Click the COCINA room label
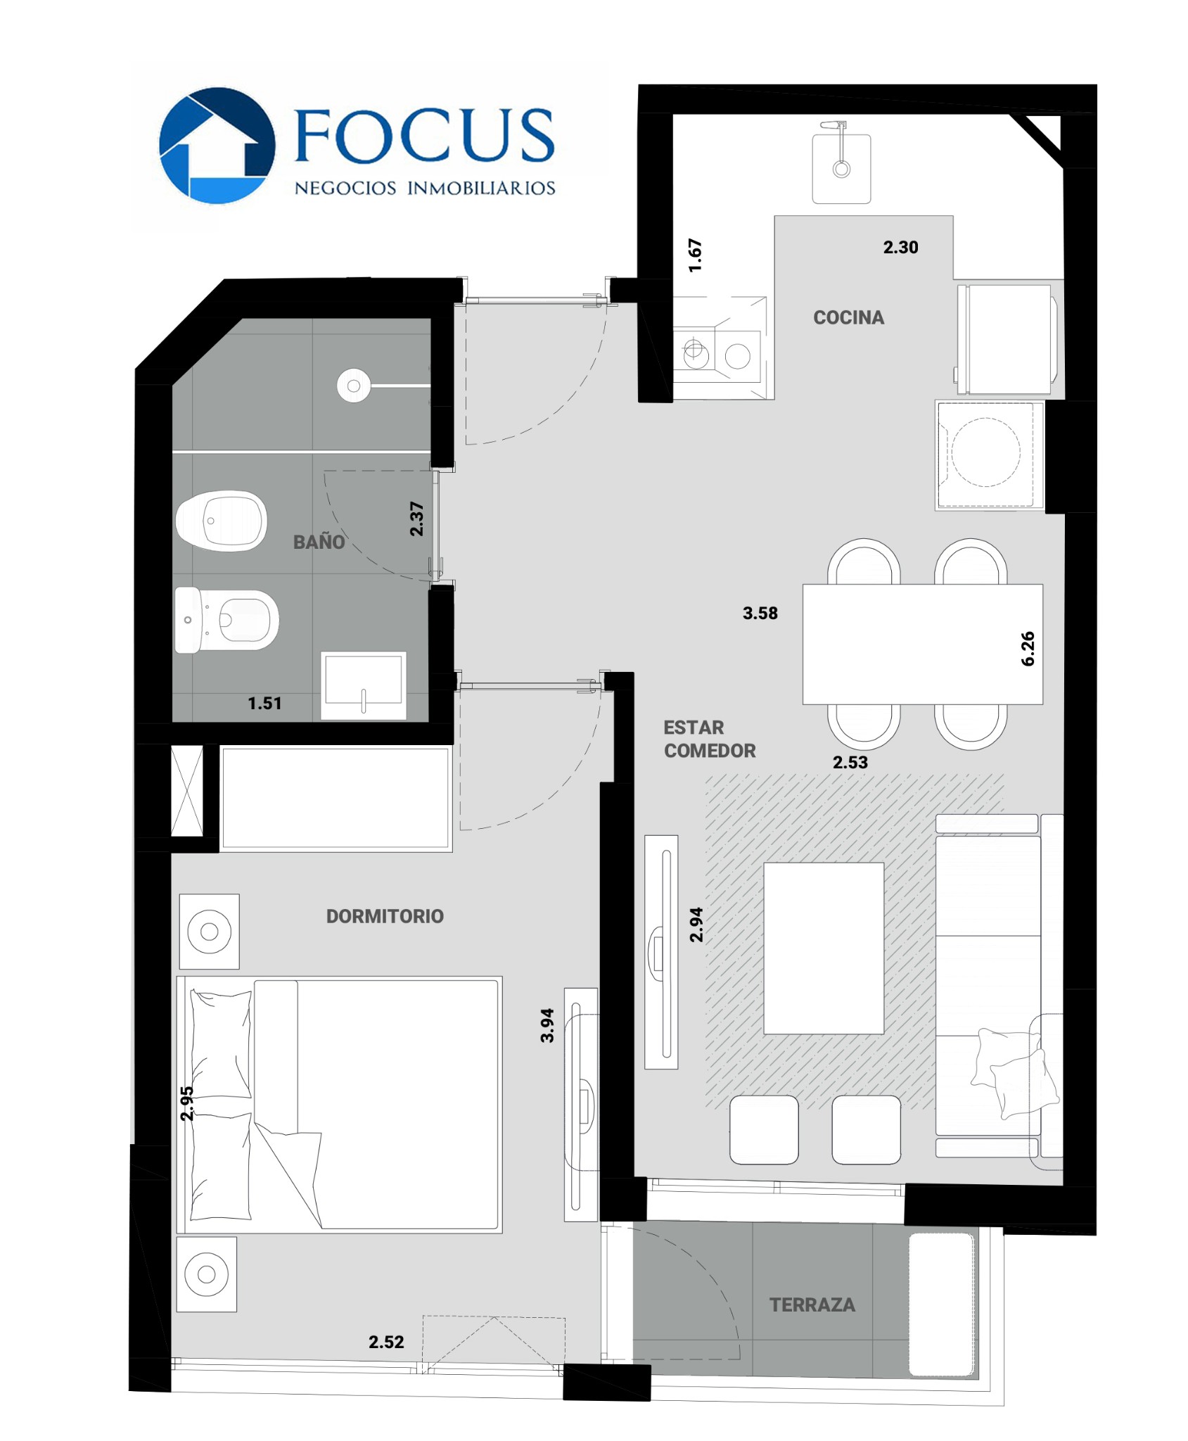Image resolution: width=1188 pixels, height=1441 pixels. [x=848, y=317]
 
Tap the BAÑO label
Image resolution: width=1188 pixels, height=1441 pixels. [x=319, y=541]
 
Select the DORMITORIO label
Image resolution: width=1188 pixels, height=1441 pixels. [x=385, y=916]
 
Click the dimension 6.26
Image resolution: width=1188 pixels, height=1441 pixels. [x=1028, y=648]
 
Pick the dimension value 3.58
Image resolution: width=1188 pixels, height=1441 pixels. [x=760, y=613]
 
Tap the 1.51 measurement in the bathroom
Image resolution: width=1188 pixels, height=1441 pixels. [x=264, y=703]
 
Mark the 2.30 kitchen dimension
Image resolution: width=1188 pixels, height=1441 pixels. [x=901, y=247]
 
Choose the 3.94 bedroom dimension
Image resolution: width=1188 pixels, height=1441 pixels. [x=547, y=1025]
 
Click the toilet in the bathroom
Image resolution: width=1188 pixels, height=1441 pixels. [x=226, y=620]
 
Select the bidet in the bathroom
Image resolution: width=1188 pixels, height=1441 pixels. [x=222, y=521]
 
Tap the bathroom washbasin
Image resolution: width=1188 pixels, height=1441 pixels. [x=364, y=685]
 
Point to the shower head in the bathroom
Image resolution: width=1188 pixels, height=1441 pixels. [x=354, y=386]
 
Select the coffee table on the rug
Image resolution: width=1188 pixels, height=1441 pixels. [x=824, y=948]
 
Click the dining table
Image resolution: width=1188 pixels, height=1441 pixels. [x=922, y=644]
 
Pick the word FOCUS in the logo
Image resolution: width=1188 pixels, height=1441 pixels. [x=424, y=135]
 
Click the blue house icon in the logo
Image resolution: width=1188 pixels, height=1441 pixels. [x=217, y=146]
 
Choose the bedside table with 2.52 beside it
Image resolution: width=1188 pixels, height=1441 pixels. [x=207, y=1274]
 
